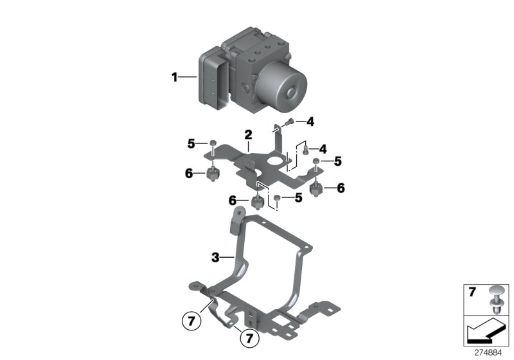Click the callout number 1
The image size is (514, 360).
click(173, 78)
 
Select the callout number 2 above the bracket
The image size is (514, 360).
click(247, 134)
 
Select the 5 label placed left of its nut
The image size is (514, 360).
click(190, 143)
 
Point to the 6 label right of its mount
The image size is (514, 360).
click(341, 188)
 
